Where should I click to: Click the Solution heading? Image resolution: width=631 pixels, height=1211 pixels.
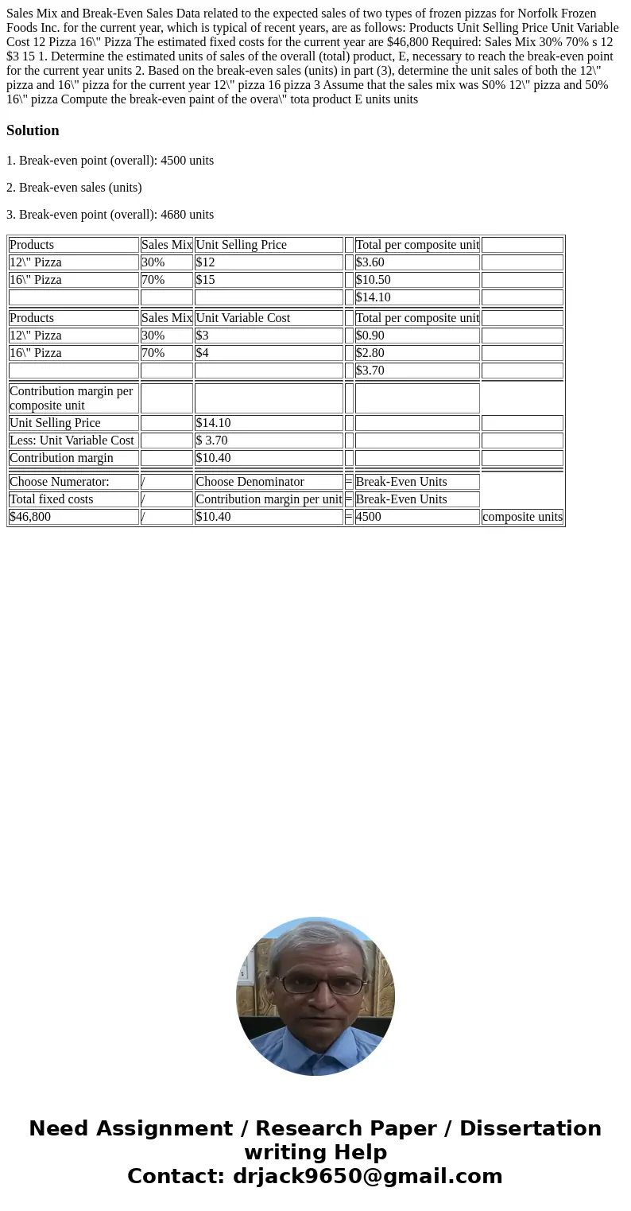(x=33, y=130)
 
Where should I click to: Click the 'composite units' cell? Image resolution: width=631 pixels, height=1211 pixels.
(x=522, y=517)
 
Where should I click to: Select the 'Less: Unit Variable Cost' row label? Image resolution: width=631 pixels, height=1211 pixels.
(x=72, y=441)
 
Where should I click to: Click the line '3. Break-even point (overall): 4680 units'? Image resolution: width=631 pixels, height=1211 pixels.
(x=110, y=215)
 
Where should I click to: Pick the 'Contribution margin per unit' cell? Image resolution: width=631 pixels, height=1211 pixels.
(x=269, y=499)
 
